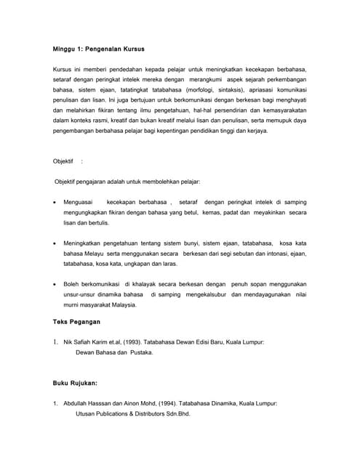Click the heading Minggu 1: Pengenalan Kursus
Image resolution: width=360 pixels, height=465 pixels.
[98, 49]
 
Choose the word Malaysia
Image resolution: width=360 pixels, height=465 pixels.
[121, 305]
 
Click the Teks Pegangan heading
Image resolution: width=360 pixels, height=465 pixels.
[77, 321]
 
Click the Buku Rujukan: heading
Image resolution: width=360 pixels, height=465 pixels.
[76, 382]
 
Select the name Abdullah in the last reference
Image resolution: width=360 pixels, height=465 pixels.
[76, 403]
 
